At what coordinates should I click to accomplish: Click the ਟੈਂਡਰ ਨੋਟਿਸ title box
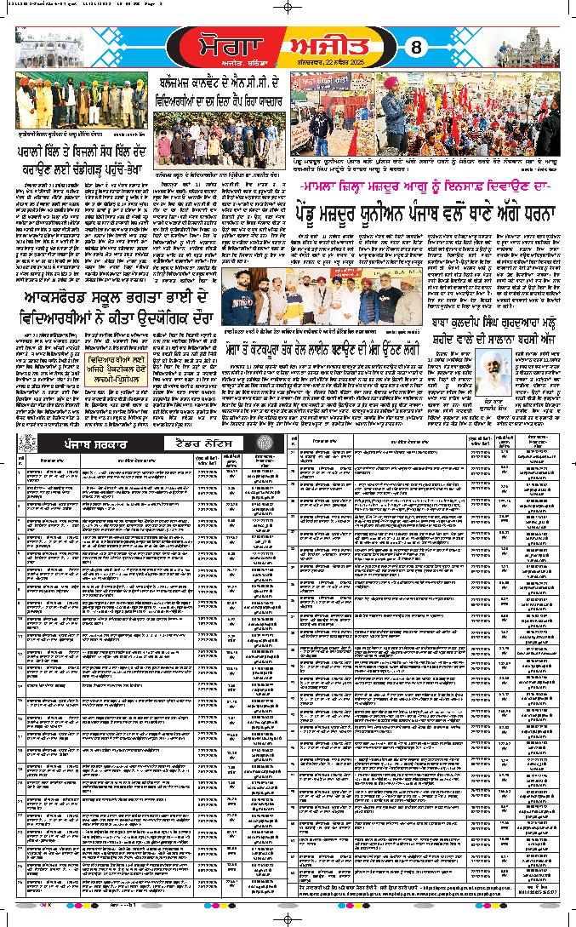pyautogui.click(x=204, y=446)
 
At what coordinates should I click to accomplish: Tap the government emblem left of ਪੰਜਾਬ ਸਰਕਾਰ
pyautogui.click(x=25, y=446)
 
